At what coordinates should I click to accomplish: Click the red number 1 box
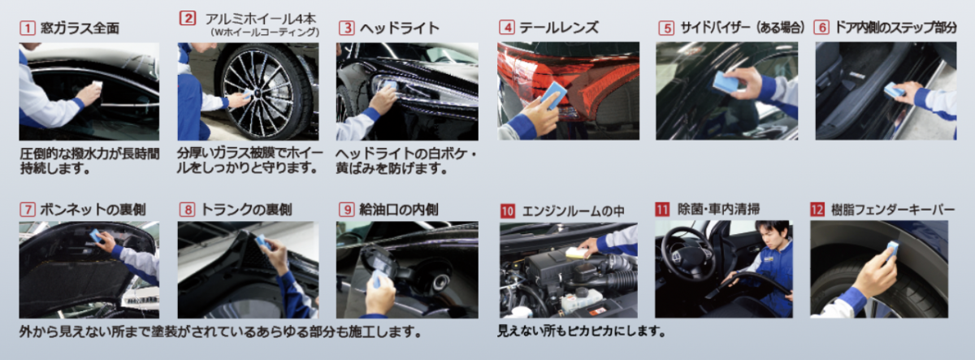pos(28,28)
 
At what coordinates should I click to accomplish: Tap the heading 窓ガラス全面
pos(80,28)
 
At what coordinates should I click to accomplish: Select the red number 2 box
pos(188,18)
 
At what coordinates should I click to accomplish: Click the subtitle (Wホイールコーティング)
pos(265,33)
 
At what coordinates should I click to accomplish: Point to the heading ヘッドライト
pos(400,28)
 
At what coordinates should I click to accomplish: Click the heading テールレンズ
pos(559,28)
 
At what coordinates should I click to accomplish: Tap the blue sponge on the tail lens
pos(553,94)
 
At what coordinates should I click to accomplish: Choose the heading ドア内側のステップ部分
pos(895,28)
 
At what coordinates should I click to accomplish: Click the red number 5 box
pos(666,28)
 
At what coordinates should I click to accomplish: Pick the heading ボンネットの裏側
pos(93,210)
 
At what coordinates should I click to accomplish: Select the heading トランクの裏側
pos(246,210)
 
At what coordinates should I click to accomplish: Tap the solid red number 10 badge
pos(507,211)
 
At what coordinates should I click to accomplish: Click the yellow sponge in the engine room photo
pos(575,253)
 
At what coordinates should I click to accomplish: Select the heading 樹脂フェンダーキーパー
pos(893,210)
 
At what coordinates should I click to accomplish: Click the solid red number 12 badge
pos(817,210)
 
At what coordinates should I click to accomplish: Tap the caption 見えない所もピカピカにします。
pos(582,332)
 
